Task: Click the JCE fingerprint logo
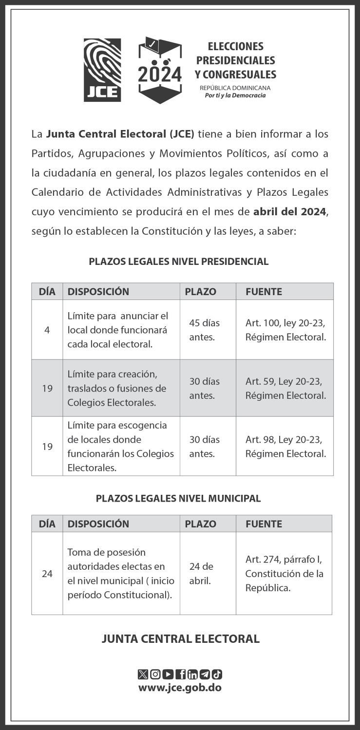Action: pyautogui.click(x=102, y=70)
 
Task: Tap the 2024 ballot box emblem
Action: pyautogui.click(x=160, y=70)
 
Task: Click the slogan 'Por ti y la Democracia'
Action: pyautogui.click(x=235, y=95)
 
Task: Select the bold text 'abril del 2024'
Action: pyautogui.click(x=289, y=211)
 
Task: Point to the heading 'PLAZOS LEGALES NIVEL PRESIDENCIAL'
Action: pyautogui.click(x=178, y=262)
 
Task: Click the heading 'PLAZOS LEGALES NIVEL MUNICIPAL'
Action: pyautogui.click(x=178, y=498)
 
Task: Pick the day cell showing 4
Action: pyautogui.click(x=47, y=330)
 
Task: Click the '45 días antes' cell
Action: pyautogui.click(x=205, y=330)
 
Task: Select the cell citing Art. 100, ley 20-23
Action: pyautogui.click(x=285, y=330)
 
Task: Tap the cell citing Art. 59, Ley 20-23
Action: pyautogui.click(x=285, y=388)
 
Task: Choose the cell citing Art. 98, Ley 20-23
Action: pyautogui.click(x=285, y=446)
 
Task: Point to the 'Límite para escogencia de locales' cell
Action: pyautogui.click(x=120, y=446)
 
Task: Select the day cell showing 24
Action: pyautogui.click(x=47, y=574)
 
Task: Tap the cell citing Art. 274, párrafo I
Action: pyautogui.click(x=284, y=573)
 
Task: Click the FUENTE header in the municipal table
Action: pyautogui.click(x=264, y=524)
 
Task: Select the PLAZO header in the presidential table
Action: pyautogui.click(x=200, y=292)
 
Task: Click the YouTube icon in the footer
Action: pyautogui.click(x=168, y=674)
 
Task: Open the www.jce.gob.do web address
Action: pyautogui.click(x=180, y=688)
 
